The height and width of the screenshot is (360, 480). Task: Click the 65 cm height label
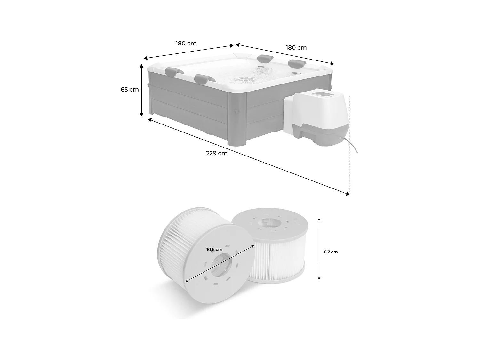130,90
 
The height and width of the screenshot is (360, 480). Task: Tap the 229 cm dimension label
217,153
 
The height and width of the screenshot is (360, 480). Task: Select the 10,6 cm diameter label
214,250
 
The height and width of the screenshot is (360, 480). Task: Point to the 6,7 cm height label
331,252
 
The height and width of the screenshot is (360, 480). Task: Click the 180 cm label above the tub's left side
186,43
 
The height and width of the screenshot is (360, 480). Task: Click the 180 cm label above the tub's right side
296,48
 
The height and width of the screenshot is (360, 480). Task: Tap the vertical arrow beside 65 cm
141,90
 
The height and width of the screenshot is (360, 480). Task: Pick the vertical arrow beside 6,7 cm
319,249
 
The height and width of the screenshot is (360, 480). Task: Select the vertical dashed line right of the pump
350,144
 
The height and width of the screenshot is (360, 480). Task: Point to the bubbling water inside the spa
246,78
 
